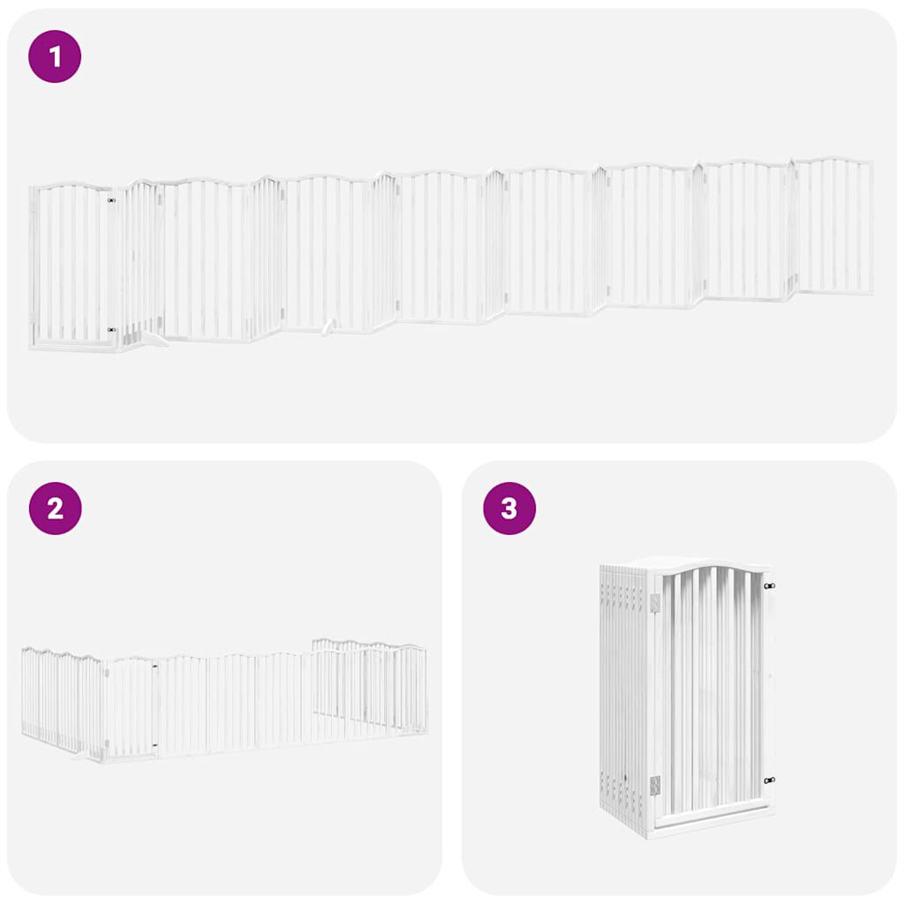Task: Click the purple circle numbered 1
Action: (x=55, y=56)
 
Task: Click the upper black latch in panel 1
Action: (x=111, y=201)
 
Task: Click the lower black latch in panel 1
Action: (x=111, y=330)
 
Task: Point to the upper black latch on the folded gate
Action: (x=769, y=586)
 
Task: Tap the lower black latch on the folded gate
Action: (x=769, y=780)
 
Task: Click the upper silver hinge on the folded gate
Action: (x=654, y=602)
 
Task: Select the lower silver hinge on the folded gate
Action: (x=654, y=784)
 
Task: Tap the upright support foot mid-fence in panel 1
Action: (x=329, y=328)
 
